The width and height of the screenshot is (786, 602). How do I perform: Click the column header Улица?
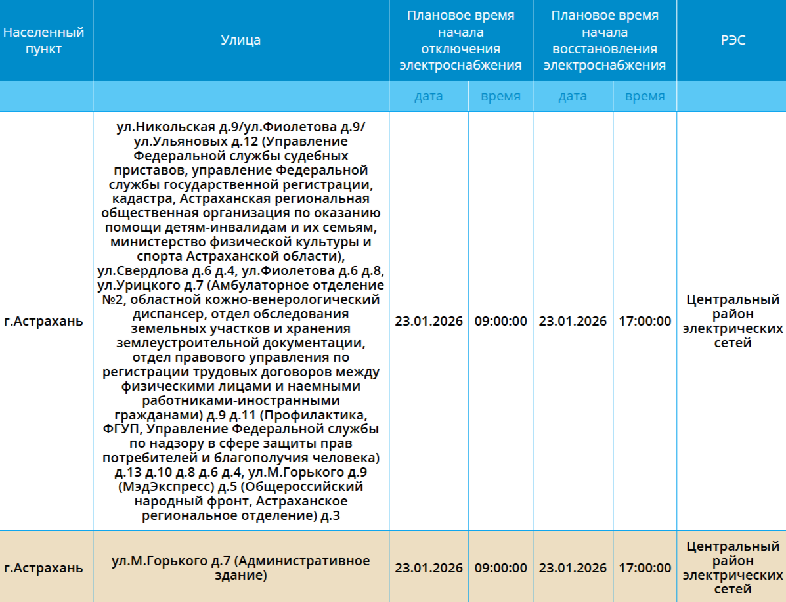[240, 41]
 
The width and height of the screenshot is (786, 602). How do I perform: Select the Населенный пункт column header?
[44, 41]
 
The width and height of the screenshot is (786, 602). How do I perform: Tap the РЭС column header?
[732, 41]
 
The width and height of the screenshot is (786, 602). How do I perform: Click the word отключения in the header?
[460, 49]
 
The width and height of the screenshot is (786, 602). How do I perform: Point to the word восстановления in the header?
[605, 49]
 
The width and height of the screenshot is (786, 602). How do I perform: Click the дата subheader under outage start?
[428, 97]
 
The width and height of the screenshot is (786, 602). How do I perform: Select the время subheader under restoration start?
[645, 97]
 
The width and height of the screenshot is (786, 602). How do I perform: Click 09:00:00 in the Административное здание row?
[500, 568]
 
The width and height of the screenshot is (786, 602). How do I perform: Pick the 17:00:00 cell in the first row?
[645, 321]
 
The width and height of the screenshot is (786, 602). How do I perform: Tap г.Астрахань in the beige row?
[44, 568]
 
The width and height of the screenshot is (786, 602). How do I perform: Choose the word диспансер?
[167, 314]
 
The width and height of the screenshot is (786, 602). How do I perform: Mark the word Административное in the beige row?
[302, 561]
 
